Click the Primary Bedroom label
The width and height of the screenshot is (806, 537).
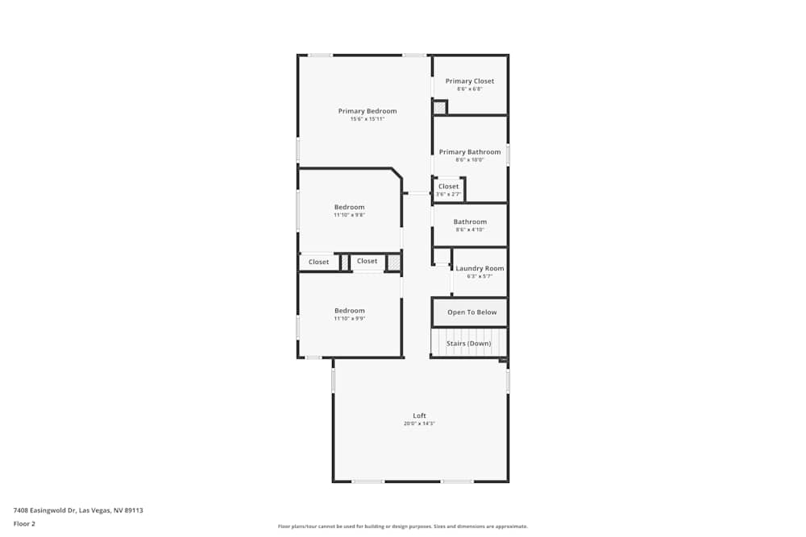(x=367, y=111)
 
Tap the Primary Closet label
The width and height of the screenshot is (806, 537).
(x=470, y=81)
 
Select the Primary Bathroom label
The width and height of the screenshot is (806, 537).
(x=470, y=152)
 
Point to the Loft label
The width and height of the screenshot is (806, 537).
(x=419, y=415)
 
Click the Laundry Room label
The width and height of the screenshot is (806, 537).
(x=480, y=268)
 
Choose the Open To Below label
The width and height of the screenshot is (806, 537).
(x=472, y=312)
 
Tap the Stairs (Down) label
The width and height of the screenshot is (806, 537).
(x=468, y=344)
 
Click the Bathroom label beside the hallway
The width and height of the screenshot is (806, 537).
(x=470, y=222)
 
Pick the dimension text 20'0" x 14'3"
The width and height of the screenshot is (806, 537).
(x=419, y=423)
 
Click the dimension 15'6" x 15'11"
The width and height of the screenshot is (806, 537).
(x=367, y=119)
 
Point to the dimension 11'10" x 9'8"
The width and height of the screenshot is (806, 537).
(x=349, y=215)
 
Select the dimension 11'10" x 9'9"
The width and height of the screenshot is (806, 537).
(x=349, y=319)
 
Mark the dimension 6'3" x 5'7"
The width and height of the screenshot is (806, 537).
(x=480, y=276)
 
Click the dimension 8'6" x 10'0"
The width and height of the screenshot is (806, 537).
(x=470, y=160)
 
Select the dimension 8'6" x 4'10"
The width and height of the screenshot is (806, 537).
(x=470, y=230)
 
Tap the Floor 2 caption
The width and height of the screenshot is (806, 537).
(x=24, y=523)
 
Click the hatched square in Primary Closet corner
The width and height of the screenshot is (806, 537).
(x=439, y=107)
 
